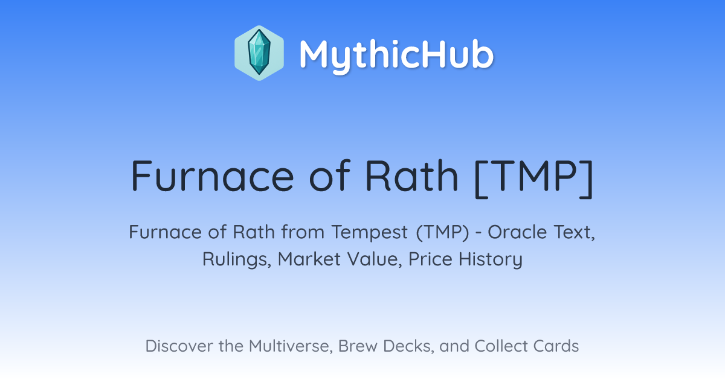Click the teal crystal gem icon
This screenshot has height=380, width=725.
259,52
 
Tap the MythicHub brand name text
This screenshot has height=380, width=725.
396,54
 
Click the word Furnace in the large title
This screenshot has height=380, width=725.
212,176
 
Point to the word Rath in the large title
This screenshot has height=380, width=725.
411,176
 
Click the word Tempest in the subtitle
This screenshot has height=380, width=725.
369,233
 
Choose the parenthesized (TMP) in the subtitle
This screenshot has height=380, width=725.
443,232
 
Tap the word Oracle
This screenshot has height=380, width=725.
518,232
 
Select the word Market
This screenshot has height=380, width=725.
309,259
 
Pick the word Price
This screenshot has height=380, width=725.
430,259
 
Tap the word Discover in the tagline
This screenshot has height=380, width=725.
178,346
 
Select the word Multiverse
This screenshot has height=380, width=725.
291,346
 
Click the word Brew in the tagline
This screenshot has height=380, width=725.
358,346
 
